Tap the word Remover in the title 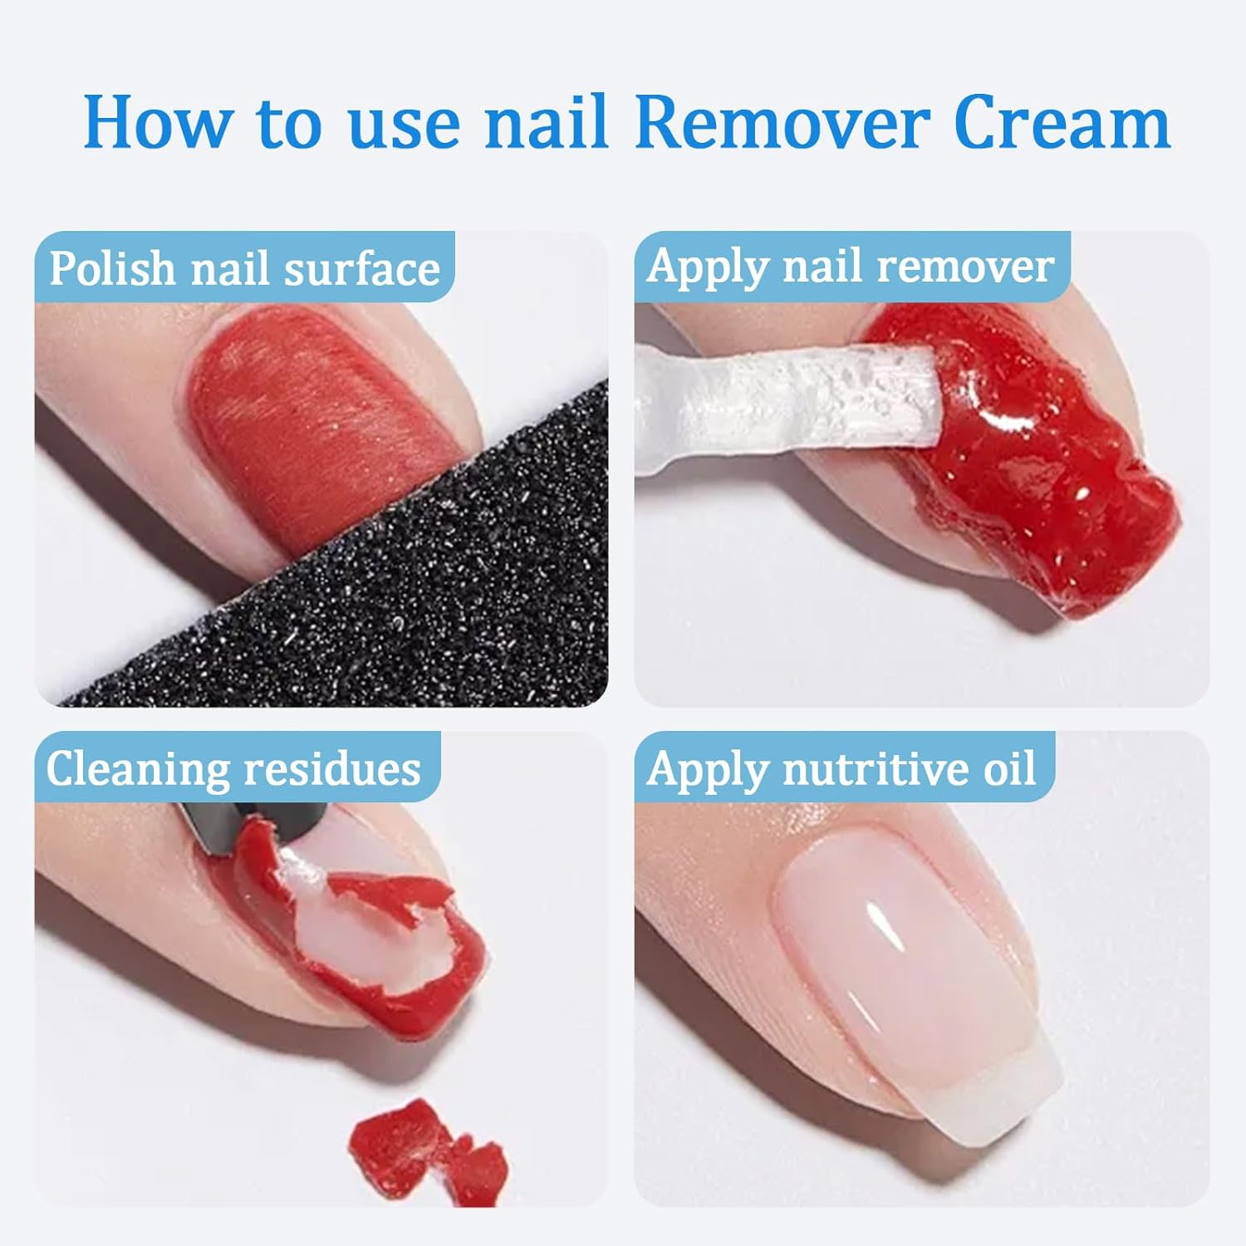point(782,123)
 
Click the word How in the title point(157,123)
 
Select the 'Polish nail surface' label point(244,268)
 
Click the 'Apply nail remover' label point(851,267)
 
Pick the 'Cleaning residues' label point(233,768)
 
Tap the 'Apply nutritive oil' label point(841,768)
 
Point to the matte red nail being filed point(316,415)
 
